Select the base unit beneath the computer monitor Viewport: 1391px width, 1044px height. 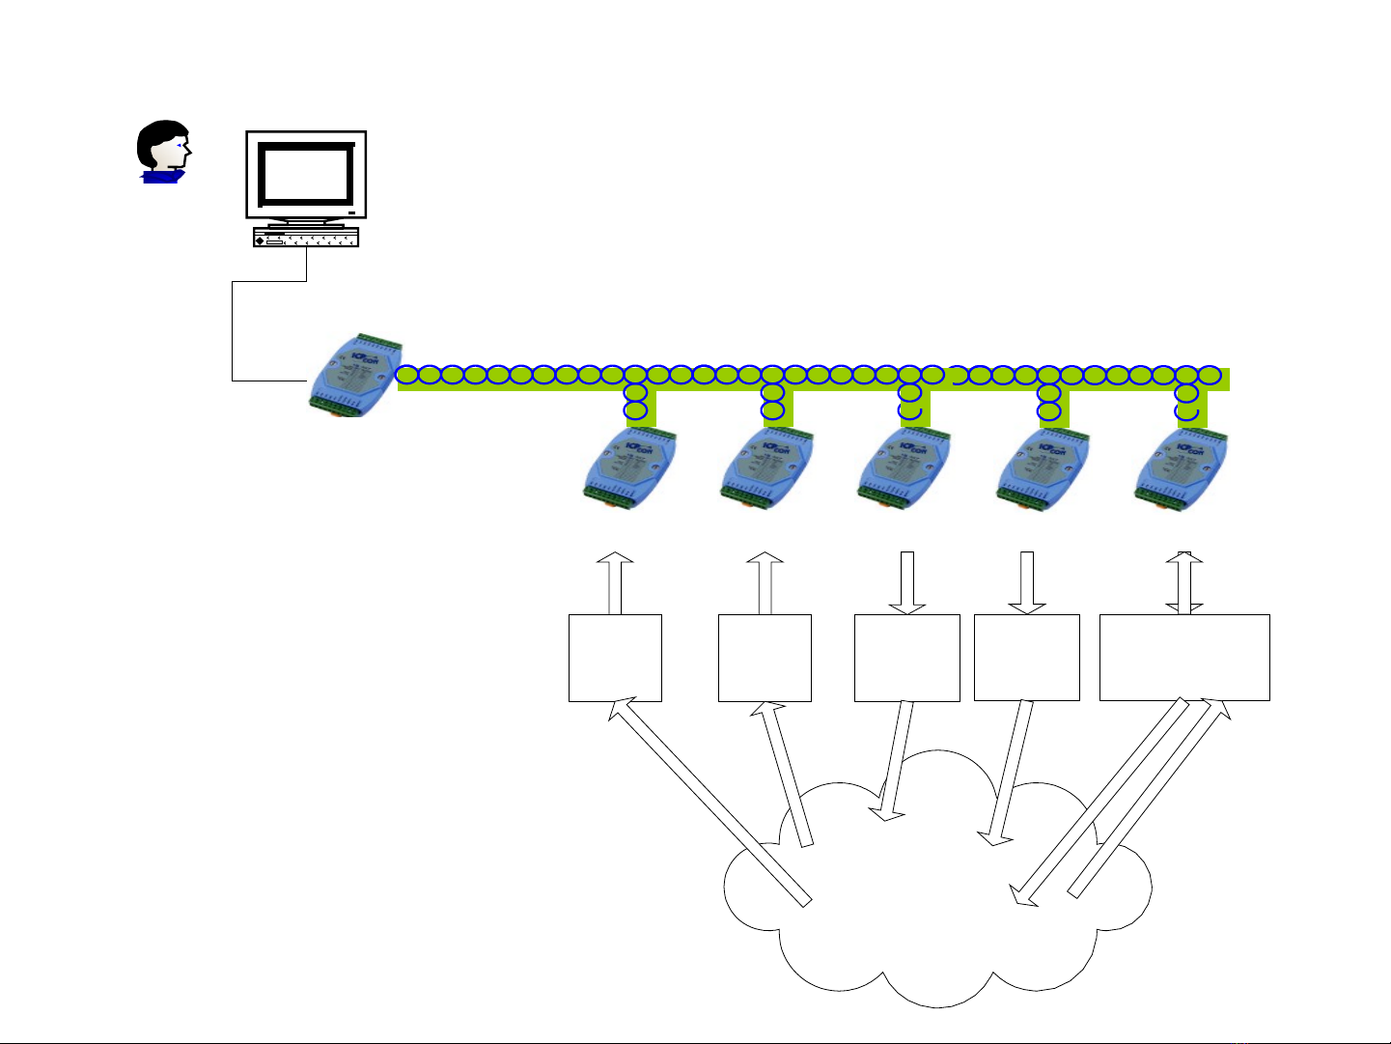coord(306,237)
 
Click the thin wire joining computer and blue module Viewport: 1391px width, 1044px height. coord(233,328)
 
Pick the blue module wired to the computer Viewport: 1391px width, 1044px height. coord(353,376)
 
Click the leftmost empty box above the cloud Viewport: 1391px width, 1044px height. coord(615,657)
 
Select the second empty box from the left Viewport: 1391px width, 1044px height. coord(765,657)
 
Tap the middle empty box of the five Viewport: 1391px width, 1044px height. coord(906,657)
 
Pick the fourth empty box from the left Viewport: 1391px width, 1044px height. coord(1026,657)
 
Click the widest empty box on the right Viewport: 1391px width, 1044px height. coord(1183,657)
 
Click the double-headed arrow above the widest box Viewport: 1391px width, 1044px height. coord(1184,582)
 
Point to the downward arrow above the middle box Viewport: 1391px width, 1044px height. coord(906,582)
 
